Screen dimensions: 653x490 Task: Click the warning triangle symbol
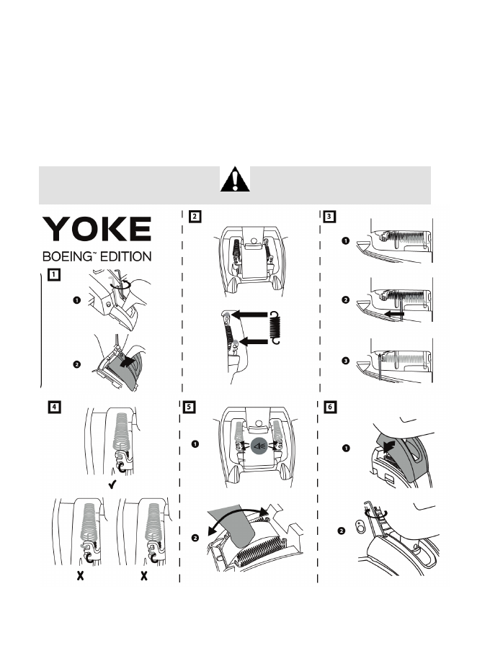(x=235, y=179)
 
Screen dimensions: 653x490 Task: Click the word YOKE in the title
(x=97, y=230)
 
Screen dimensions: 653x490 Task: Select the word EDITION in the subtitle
(x=127, y=256)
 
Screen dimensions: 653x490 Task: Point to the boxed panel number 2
(x=195, y=215)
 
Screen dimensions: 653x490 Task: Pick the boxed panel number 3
(x=329, y=215)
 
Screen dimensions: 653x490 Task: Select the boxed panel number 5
(x=189, y=406)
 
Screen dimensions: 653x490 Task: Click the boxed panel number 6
(x=329, y=406)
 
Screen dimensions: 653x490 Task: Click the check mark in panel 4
(x=112, y=486)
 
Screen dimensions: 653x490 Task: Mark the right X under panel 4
(x=144, y=577)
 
